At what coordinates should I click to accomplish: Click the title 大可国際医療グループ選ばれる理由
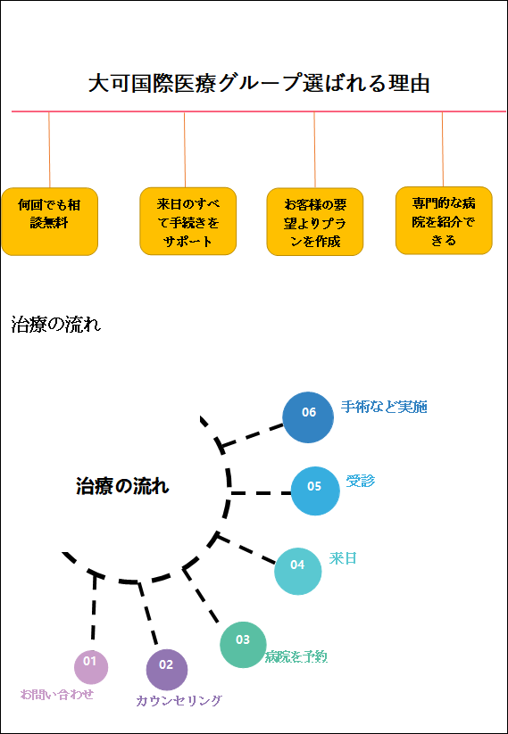(259, 84)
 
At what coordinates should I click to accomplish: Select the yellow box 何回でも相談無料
(49, 221)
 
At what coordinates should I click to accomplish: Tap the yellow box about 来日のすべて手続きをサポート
(187, 221)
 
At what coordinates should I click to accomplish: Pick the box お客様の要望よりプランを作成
(315, 221)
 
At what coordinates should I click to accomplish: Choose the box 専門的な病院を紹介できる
(444, 220)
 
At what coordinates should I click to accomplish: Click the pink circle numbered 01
(91, 666)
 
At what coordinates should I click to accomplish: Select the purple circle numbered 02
(167, 670)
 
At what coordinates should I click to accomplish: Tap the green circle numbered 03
(243, 644)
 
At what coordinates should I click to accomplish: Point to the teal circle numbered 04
(298, 571)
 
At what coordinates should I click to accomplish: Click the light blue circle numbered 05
(315, 491)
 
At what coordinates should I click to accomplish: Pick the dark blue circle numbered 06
(308, 417)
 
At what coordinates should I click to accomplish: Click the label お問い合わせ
(57, 694)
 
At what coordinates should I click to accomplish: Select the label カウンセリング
(179, 701)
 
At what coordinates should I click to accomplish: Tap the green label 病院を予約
(296, 656)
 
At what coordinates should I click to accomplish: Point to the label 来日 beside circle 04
(343, 558)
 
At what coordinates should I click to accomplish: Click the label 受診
(361, 481)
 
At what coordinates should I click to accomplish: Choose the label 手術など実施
(384, 407)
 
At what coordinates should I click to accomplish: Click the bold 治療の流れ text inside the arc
(122, 486)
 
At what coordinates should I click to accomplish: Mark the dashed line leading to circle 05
(261, 493)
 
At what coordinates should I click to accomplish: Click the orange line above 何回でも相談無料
(49, 150)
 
